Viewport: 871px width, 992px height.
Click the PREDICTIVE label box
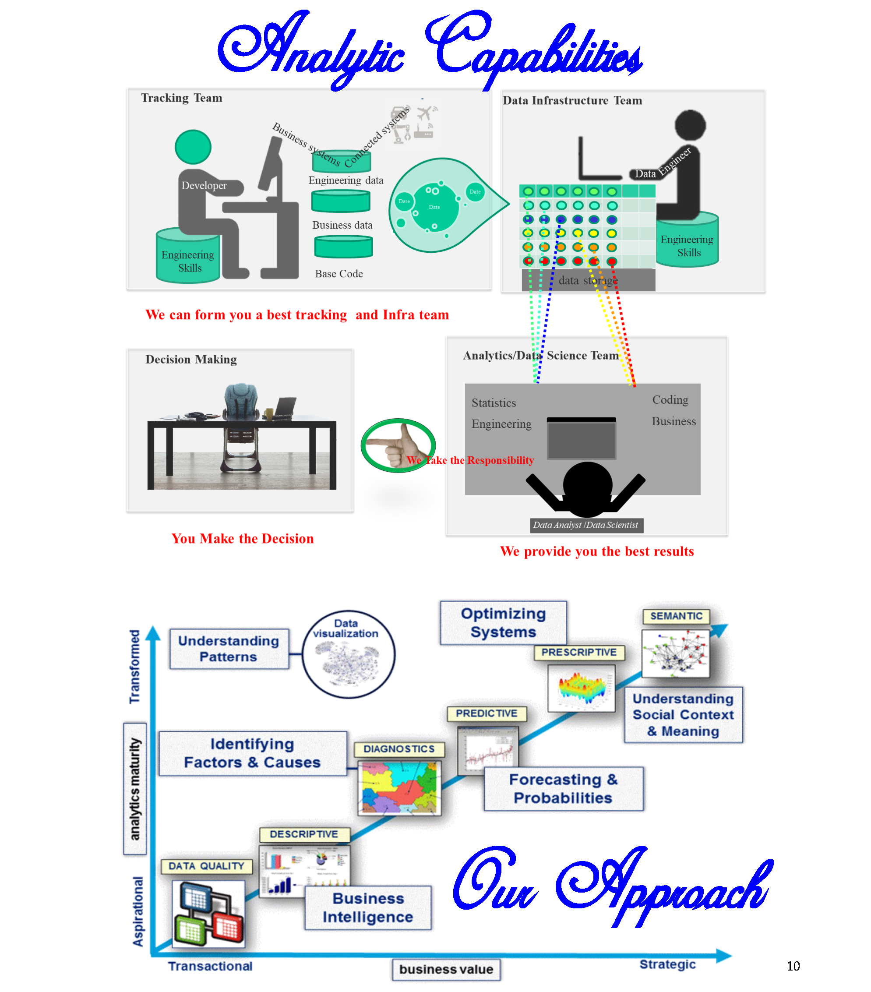[486, 713]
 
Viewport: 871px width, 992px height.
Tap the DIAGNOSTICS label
[398, 748]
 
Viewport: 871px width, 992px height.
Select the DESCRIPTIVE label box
[304, 834]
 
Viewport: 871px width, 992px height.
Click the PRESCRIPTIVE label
[578, 652]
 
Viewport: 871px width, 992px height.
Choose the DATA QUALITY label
[206, 866]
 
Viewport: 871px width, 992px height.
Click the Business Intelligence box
[368, 907]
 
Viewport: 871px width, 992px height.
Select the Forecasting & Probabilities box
[563, 788]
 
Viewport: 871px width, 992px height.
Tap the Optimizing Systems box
[503, 622]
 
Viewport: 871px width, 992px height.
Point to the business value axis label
[446, 969]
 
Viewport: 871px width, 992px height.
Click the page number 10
[793, 966]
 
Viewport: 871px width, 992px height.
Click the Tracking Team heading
[181, 98]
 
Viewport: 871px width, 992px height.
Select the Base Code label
[339, 274]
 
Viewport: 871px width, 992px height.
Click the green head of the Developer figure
[193, 147]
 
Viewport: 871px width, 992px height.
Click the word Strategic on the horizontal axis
[667, 964]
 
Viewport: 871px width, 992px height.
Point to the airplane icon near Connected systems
[425, 113]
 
